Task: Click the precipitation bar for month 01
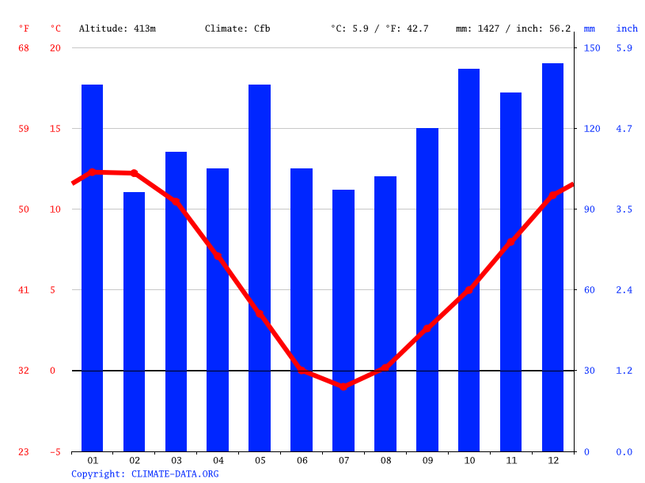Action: click(93, 268)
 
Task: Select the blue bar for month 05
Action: click(260, 268)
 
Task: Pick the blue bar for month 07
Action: click(343, 320)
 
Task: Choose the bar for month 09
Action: click(427, 289)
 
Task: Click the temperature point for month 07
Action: click(343, 386)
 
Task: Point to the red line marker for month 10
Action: click(469, 289)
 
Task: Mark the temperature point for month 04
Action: click(218, 256)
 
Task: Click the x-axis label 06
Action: click(302, 460)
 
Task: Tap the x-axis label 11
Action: click(510, 460)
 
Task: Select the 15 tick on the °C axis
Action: click(55, 129)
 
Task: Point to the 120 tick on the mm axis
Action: click(592, 129)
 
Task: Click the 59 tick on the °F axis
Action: click(24, 129)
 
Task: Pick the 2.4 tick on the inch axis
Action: click(624, 290)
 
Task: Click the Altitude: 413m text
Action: click(117, 28)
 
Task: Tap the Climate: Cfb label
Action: click(237, 28)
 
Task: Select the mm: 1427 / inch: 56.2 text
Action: click(513, 28)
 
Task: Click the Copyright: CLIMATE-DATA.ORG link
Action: click(145, 474)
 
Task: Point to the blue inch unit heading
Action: click(627, 28)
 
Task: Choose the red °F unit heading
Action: click(24, 28)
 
